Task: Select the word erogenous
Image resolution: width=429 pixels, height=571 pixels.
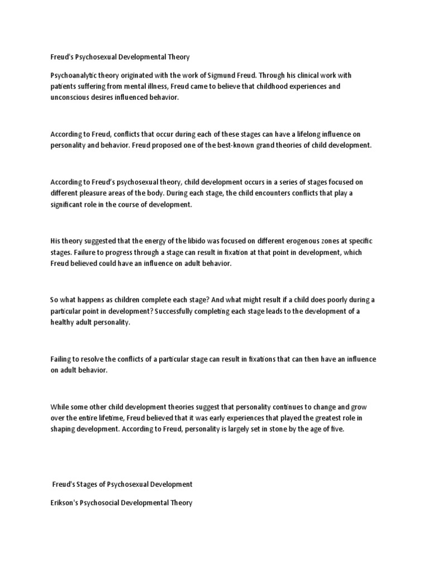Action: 303,241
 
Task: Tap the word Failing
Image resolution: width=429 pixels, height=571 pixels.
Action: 61,359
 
